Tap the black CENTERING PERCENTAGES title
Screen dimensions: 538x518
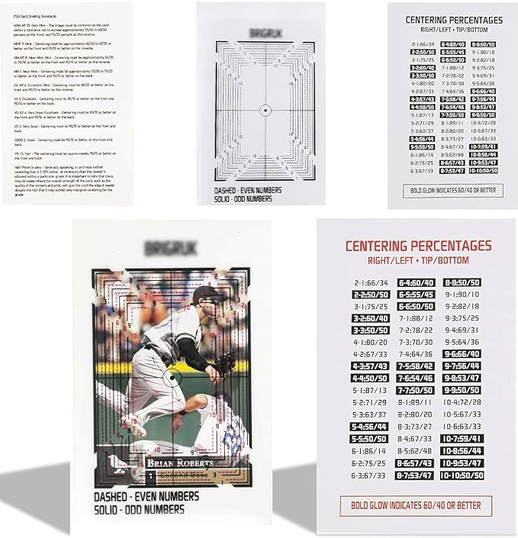453,19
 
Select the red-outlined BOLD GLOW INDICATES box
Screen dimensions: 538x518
416,505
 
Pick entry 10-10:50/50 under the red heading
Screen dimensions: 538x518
462,475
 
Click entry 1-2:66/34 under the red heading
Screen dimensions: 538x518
371,282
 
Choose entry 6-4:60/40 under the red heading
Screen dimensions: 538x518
417,282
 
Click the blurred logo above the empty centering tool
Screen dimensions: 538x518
261,33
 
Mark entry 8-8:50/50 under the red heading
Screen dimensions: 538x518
462,282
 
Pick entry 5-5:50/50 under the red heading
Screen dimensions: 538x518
371,439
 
